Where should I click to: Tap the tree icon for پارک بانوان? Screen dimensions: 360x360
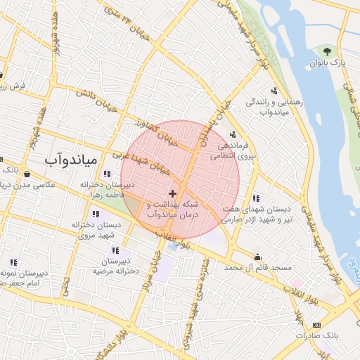[327, 51]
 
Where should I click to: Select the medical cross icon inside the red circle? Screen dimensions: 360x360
[173, 193]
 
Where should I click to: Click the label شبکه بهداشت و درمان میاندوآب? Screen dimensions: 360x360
[173, 209]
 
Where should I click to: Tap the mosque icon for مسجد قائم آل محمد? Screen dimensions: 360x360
[259, 257]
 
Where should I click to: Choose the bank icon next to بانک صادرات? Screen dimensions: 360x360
[316, 325]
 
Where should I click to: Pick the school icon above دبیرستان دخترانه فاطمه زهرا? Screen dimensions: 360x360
[106, 174]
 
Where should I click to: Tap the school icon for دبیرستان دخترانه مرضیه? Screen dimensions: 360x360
[115, 250]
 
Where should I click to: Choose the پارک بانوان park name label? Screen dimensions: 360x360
[328, 63]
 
